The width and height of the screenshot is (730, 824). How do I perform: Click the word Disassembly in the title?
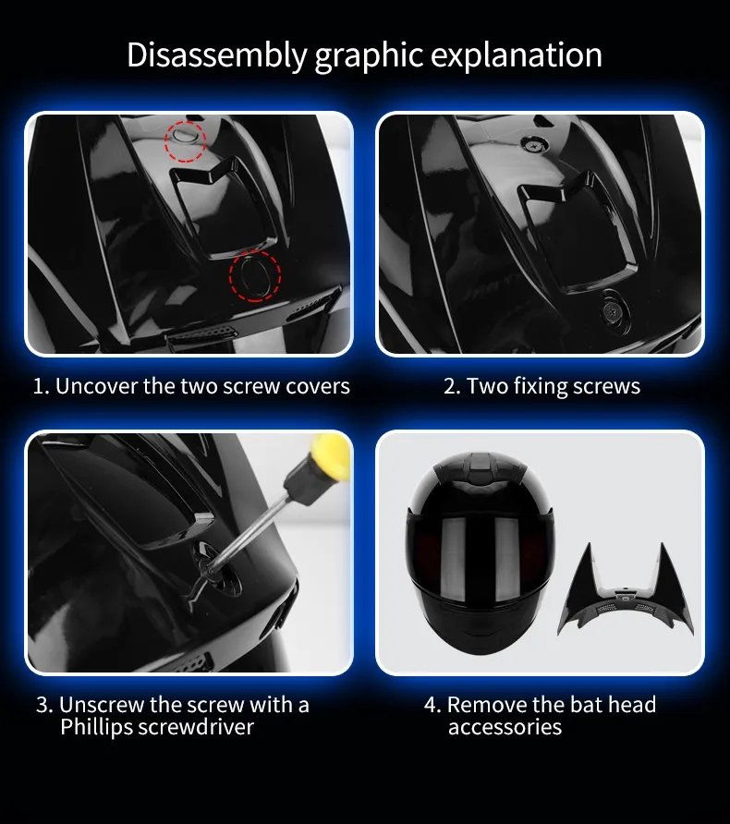216,55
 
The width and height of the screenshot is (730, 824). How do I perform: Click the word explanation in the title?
524,55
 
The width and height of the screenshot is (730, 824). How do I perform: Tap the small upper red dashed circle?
186,140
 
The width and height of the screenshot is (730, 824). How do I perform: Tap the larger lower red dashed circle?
255,275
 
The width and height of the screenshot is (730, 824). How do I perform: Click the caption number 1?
40,386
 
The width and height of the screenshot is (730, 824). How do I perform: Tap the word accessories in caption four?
505,727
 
